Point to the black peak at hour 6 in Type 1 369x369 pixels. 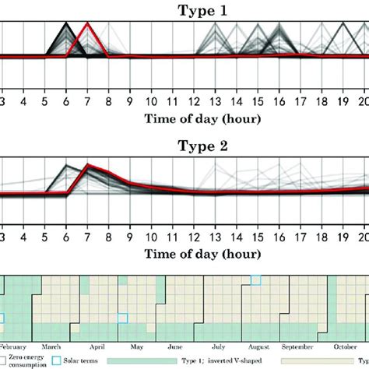pos(67,24)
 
